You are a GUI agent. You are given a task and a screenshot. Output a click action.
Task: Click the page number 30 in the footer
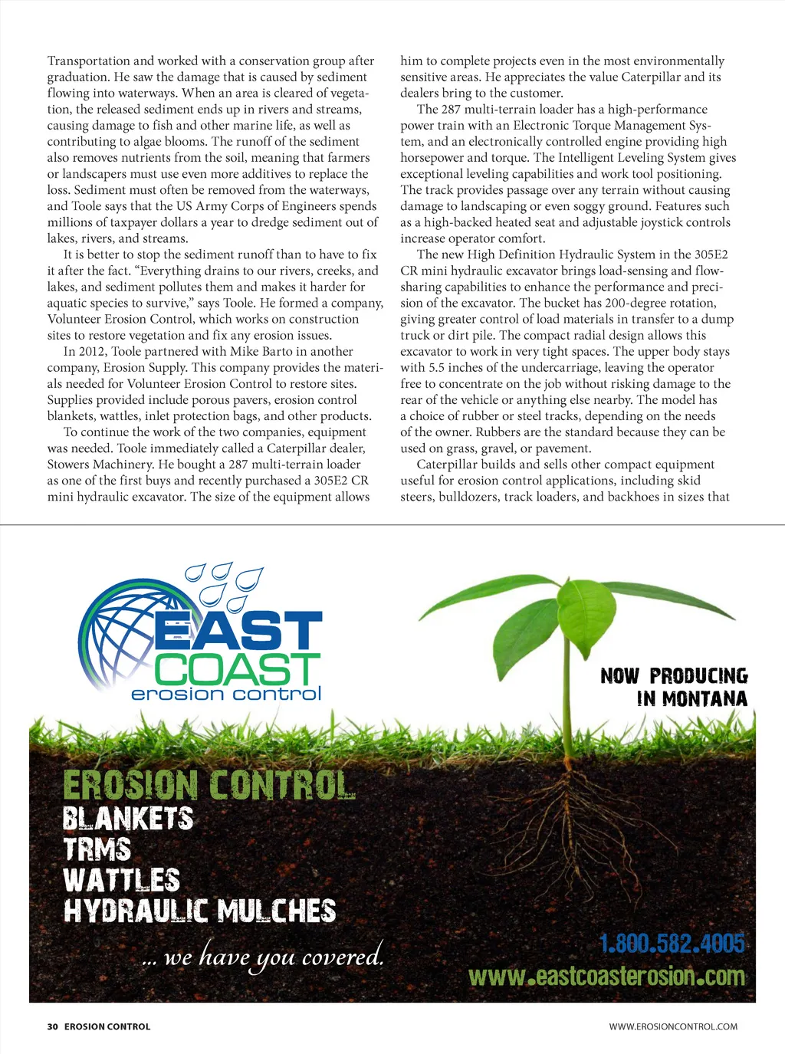click(52, 1026)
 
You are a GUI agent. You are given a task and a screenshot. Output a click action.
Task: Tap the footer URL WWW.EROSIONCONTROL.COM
click(673, 1026)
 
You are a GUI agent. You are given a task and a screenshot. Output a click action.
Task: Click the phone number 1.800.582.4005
click(672, 943)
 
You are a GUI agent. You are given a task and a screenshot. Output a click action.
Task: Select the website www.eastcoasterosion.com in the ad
click(606, 977)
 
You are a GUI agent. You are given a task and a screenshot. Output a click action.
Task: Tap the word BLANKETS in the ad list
click(128, 818)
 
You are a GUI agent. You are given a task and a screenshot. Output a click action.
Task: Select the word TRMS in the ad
click(97, 849)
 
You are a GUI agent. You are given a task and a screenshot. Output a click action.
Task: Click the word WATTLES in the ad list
click(122, 880)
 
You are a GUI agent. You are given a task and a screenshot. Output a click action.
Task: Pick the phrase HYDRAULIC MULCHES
click(200, 911)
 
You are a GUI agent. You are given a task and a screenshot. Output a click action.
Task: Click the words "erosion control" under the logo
click(226, 694)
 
